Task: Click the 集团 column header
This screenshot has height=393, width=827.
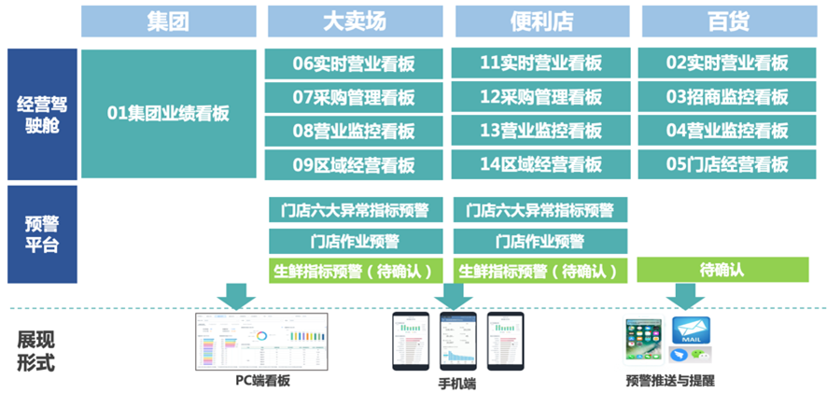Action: click(x=168, y=21)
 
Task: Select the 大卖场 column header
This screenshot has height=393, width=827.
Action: click(x=354, y=21)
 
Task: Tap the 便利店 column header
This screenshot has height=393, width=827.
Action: click(x=540, y=21)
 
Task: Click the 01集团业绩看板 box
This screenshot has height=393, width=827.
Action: click(x=168, y=114)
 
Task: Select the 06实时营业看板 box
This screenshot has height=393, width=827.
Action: click(x=354, y=63)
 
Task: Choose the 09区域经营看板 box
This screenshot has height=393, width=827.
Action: click(x=354, y=165)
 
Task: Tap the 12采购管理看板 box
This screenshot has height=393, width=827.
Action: click(x=540, y=97)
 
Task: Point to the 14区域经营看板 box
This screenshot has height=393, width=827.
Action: click(x=540, y=165)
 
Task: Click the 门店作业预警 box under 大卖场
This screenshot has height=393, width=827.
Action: click(x=354, y=241)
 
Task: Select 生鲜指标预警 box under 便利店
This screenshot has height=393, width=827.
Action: click(x=540, y=271)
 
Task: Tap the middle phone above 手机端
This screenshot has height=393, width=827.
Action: click(x=457, y=342)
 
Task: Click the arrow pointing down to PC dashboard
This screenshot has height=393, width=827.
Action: click(x=234, y=296)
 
